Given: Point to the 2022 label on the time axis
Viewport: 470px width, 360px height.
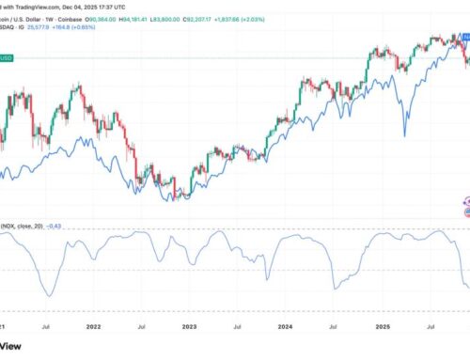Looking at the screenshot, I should pos(93,329).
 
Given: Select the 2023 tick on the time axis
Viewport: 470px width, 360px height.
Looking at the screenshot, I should pos(189,329).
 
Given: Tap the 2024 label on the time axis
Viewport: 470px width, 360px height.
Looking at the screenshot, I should pos(285,329).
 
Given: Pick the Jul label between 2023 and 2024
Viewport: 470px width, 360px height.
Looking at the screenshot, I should pos(237,329).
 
